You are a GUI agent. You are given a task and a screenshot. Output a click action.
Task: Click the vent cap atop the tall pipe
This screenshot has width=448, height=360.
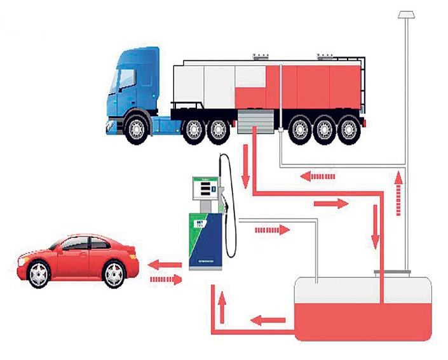click(x=405, y=13)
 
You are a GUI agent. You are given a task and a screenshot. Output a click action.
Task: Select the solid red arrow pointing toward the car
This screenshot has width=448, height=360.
click(x=161, y=263)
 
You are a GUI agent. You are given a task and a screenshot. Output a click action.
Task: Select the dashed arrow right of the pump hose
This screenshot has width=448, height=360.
click(x=271, y=229)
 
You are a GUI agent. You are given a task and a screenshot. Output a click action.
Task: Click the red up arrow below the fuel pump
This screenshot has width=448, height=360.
click(x=223, y=307)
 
